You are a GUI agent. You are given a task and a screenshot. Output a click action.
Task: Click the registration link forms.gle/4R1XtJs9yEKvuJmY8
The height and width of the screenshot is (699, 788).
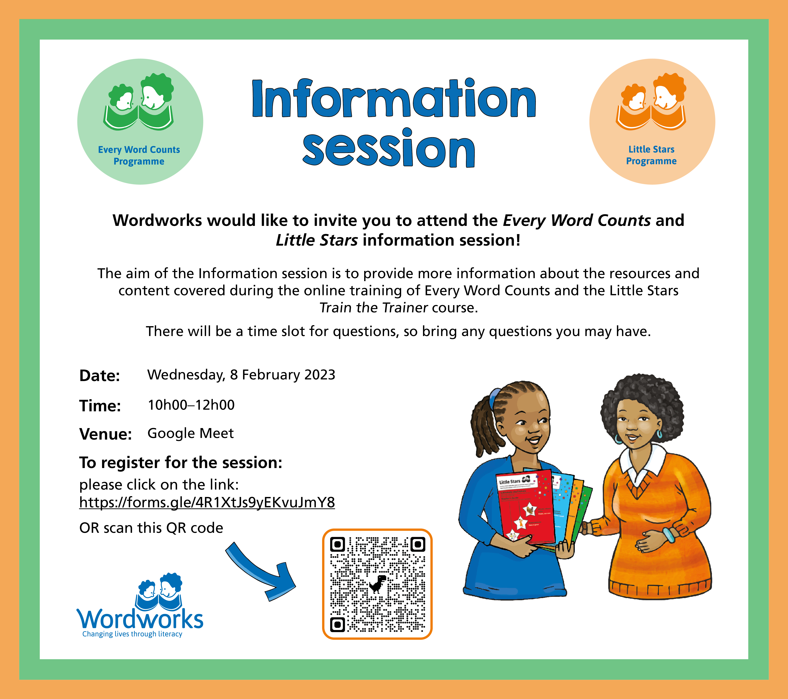click(207, 502)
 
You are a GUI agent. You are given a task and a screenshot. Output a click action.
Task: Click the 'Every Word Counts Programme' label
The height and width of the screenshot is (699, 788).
click(139, 155)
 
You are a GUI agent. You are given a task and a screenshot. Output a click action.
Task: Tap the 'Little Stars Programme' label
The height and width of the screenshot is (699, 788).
click(651, 155)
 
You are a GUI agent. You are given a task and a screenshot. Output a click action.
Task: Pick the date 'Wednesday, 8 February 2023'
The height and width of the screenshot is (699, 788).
click(241, 375)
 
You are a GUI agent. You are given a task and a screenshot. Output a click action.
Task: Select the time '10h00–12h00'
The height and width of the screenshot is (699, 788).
click(191, 405)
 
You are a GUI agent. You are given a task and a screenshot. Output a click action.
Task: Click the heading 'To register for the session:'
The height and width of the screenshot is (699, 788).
click(181, 463)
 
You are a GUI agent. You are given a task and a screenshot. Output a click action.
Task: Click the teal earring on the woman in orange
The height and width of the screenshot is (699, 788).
click(659, 434)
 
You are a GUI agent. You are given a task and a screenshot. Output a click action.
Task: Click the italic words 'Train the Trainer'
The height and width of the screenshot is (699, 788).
click(374, 308)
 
